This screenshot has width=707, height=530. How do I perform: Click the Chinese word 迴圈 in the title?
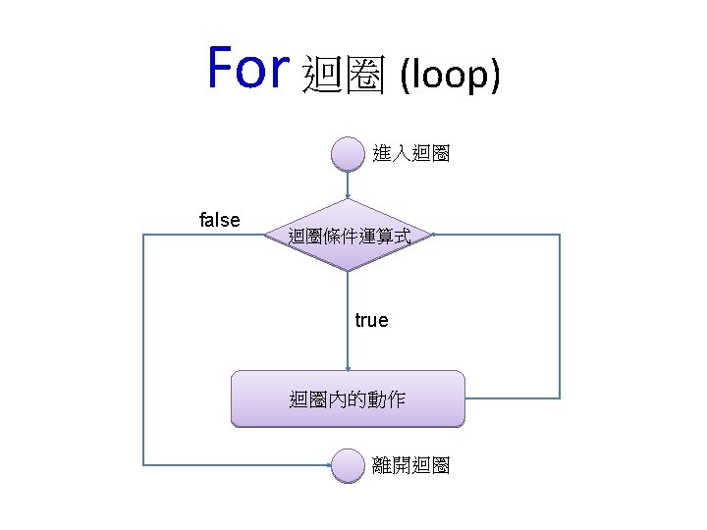[x=343, y=74]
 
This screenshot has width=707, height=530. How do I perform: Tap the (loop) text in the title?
[x=450, y=75]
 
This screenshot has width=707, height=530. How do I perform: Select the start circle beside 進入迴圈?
[x=348, y=154]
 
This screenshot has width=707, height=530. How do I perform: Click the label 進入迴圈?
[x=411, y=154]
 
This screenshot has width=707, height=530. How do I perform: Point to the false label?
[x=219, y=220]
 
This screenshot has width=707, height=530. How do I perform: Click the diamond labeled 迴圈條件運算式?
[x=348, y=236]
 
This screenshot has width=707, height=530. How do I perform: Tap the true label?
[x=371, y=320]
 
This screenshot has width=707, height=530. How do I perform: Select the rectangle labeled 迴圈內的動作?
[x=348, y=398]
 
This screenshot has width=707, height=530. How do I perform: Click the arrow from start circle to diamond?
[x=348, y=185]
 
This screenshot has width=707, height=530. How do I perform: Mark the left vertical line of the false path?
[x=144, y=348]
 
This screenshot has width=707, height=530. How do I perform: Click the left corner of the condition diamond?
[x=266, y=236]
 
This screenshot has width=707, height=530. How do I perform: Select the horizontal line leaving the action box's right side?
[x=511, y=397]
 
